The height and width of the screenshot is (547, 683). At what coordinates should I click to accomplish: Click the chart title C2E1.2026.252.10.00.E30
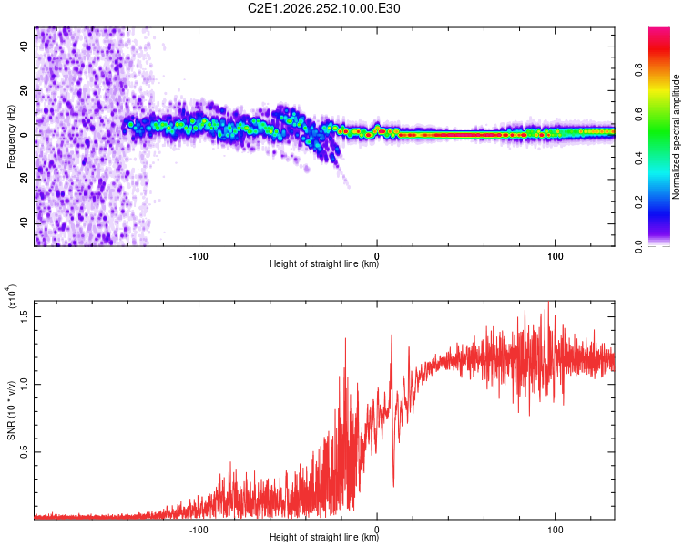click(323, 8)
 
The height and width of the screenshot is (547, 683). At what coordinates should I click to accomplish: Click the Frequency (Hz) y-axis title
click(11, 137)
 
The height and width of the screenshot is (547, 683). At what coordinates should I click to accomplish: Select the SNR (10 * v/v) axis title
click(11, 410)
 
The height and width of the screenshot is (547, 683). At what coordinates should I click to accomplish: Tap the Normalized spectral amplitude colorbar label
click(676, 137)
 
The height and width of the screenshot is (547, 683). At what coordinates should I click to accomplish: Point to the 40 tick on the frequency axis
click(25, 46)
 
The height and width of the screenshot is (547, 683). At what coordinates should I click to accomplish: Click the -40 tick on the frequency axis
click(25, 224)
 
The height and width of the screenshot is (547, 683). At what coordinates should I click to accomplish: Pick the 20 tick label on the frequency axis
click(25, 90)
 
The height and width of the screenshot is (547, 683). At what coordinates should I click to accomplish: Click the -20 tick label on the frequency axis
click(25, 180)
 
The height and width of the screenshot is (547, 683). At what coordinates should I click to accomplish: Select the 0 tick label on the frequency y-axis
click(25, 135)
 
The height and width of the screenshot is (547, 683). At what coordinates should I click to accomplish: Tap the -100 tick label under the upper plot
click(199, 256)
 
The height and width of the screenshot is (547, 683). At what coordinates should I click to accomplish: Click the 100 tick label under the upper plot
click(555, 256)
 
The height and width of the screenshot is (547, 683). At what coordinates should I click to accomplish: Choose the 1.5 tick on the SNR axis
click(25, 316)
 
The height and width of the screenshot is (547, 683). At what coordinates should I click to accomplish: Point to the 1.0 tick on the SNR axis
click(25, 385)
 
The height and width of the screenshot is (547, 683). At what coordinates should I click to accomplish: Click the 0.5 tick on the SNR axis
click(25, 452)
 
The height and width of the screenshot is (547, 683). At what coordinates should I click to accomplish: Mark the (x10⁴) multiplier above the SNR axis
click(12, 296)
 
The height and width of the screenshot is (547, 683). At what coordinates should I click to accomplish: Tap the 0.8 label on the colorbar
click(638, 70)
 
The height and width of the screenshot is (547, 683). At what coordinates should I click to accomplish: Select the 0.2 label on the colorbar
click(638, 202)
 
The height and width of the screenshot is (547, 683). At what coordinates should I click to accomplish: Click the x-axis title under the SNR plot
click(324, 537)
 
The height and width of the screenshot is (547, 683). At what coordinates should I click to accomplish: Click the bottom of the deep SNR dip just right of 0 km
click(393, 486)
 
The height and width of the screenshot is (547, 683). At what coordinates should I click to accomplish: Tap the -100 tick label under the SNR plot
click(199, 530)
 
